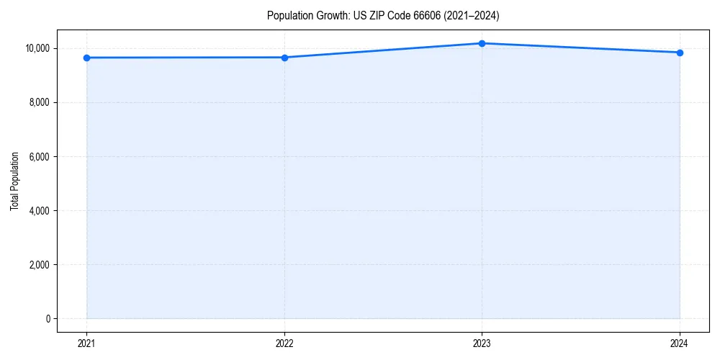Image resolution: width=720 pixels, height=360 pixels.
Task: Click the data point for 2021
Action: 86,58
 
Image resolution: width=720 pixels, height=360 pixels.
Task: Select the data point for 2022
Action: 284,58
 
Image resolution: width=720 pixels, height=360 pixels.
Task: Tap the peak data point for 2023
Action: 482,43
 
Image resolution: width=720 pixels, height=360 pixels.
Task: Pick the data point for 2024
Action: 680,53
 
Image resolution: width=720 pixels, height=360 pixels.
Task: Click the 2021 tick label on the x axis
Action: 86,343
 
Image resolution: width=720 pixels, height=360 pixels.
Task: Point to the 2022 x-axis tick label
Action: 284,343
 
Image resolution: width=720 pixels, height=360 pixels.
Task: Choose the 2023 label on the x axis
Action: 482,343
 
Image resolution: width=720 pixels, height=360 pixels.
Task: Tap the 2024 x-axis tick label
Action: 680,343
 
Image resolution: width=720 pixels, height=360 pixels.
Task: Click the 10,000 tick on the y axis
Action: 37,48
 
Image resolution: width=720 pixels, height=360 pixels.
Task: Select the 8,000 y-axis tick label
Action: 39,102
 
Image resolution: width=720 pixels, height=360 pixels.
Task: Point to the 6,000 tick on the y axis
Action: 39,156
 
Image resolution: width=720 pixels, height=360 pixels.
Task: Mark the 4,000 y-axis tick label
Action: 39,210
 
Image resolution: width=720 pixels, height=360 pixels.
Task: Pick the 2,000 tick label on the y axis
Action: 39,264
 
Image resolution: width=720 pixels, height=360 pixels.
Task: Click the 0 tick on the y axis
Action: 48,318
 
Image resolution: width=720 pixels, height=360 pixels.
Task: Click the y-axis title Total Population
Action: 14,181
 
